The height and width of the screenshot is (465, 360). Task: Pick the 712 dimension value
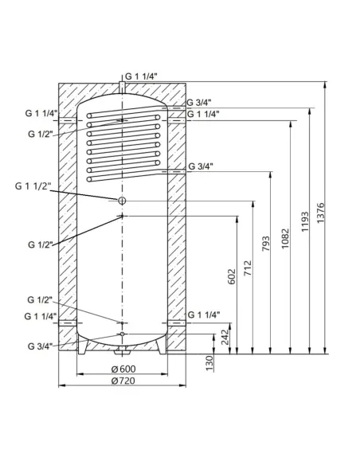[247, 267]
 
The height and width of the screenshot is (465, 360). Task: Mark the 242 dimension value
[226, 338]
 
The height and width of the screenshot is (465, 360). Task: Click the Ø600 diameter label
[122, 370]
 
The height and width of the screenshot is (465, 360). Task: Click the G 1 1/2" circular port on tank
[122, 201]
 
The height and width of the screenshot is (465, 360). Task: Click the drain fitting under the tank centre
[122, 350]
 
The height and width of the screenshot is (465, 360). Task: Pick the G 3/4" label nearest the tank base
[40, 346]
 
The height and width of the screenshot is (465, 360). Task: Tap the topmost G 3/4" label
[200, 103]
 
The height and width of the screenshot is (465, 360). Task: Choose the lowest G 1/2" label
[40, 300]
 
